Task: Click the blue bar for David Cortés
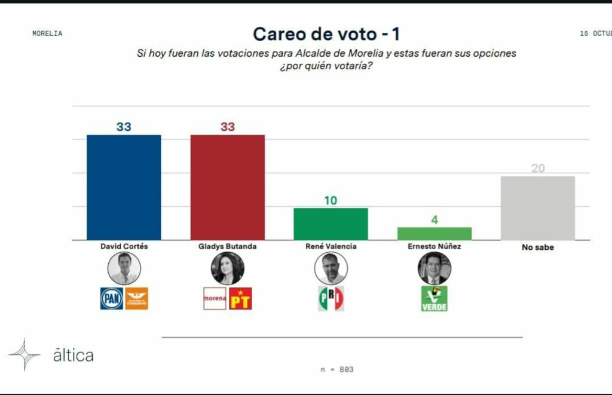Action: pos(124,187)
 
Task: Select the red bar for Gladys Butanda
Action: pos(227,187)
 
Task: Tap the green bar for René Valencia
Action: pos(331,224)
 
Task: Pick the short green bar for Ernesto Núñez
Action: pos(434,234)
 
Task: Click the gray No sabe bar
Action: pos(538,208)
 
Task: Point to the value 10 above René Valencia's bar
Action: pos(331,201)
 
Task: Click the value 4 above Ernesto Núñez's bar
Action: pos(434,220)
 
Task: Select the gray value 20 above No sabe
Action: pos(538,169)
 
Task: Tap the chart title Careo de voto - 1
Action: pos(326,33)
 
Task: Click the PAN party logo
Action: pos(112,298)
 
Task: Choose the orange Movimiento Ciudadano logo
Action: pos(136,298)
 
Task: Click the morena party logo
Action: pos(215,298)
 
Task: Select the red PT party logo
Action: pos(240,298)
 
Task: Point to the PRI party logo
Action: pos(331,298)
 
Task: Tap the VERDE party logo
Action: pos(434,299)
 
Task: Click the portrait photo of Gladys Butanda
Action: pos(227,268)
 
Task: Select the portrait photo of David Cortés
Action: pos(124,268)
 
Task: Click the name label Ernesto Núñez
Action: pos(434,246)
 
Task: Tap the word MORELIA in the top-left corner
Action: pos(47,33)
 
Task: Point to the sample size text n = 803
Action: pos(337,369)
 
